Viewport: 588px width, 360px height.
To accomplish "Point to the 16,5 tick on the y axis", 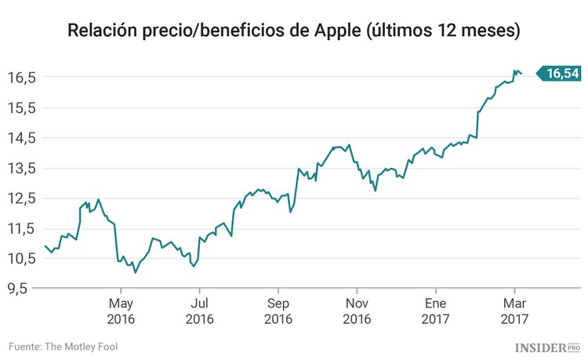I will (x=23, y=78).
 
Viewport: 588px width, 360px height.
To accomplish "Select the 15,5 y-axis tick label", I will (x=23, y=107).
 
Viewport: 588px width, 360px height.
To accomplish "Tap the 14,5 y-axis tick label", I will (x=23, y=138).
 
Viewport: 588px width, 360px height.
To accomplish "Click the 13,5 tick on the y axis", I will (x=23, y=168).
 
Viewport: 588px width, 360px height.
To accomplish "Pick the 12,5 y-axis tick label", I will (x=23, y=198).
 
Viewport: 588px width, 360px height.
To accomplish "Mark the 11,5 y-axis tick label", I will (x=23, y=228).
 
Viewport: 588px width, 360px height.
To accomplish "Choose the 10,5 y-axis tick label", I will (x=23, y=258).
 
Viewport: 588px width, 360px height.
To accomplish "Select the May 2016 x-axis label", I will (x=121, y=311).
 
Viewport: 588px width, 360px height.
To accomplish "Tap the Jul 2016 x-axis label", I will (x=200, y=311).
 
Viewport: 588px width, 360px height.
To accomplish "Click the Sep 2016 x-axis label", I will (x=278, y=311).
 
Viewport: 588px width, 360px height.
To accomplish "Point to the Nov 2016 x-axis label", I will (x=357, y=311).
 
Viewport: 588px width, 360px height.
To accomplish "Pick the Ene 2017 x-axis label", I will (x=436, y=311).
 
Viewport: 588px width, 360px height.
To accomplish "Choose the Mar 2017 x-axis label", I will (x=514, y=311).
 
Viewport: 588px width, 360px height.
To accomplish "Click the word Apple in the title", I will (x=338, y=31).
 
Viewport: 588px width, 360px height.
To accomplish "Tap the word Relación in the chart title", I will (x=103, y=31).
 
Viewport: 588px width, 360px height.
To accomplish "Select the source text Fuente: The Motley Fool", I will (x=64, y=346).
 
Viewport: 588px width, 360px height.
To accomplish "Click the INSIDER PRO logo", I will (x=547, y=347).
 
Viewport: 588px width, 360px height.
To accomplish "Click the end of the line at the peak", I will (x=521, y=75).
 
